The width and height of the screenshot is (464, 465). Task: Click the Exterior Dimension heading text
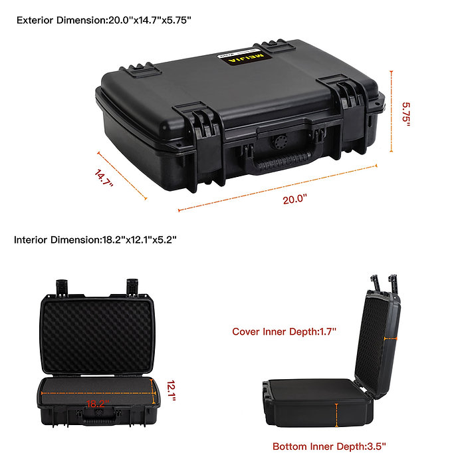(104, 20)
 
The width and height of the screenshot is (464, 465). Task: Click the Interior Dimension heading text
(95, 239)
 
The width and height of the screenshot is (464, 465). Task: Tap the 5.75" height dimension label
(406, 114)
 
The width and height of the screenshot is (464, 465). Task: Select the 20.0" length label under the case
(294, 199)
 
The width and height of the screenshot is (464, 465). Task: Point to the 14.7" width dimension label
(104, 178)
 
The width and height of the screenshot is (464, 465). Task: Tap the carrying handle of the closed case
(281, 162)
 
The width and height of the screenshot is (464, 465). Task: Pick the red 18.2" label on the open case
(98, 404)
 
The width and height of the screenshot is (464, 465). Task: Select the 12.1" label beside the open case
(172, 390)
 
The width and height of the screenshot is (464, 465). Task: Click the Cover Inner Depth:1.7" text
(284, 331)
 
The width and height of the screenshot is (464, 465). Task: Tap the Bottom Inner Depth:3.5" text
(329, 446)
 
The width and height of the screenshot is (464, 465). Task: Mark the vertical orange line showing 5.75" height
(392, 112)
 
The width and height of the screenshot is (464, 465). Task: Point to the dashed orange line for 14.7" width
(122, 176)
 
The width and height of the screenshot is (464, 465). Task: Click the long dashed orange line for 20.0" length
(278, 188)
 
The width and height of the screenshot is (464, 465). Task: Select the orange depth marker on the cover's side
(390, 339)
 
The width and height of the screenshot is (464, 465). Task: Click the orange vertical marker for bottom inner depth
(336, 415)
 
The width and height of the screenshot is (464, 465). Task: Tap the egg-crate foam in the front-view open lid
(97, 337)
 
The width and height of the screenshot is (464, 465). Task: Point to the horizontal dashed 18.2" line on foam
(98, 393)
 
